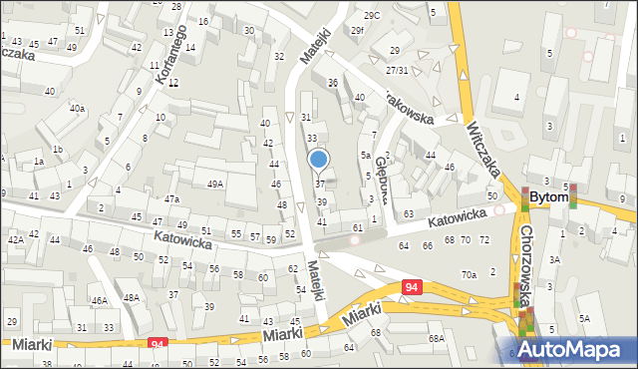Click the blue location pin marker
(319, 160)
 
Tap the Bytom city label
(549, 197)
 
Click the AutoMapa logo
(576, 349)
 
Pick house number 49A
(215, 184)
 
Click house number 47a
(171, 199)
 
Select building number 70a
(469, 274)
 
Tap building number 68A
(436, 339)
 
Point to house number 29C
(372, 15)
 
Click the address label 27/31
(397, 70)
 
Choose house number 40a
(77, 108)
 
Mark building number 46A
(99, 299)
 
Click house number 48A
(131, 297)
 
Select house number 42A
(15, 240)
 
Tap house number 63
(409, 214)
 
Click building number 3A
(555, 259)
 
